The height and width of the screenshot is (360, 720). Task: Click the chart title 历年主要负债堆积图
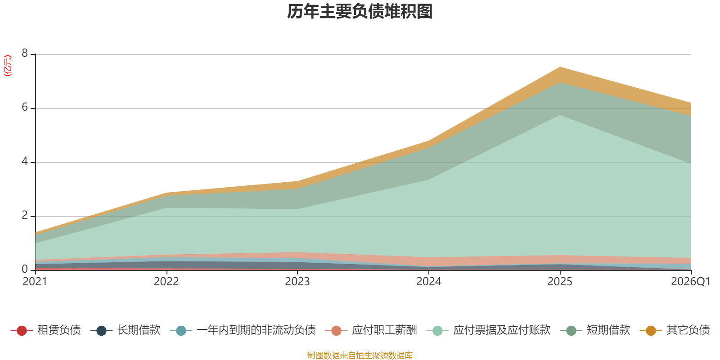point(360,12)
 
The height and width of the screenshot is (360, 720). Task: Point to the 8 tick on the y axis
point(25,54)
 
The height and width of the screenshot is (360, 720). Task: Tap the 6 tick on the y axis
point(25,108)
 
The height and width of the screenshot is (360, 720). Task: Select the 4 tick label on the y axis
point(25,162)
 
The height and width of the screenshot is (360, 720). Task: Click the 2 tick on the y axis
point(25,216)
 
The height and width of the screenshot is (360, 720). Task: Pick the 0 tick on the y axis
point(25,269)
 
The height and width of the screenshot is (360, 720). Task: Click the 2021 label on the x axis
point(35,282)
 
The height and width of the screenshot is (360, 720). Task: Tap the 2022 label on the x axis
point(166,282)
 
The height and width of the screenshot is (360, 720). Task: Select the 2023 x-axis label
point(297,282)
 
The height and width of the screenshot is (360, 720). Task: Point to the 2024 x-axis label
point(428,282)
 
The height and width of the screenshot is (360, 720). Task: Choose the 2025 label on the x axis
point(560,282)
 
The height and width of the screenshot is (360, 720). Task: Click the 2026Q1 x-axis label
point(690,282)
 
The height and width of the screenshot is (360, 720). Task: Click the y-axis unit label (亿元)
point(8,66)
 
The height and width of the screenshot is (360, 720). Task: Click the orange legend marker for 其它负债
point(651,331)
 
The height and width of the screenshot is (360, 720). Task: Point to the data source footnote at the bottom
point(360,355)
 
